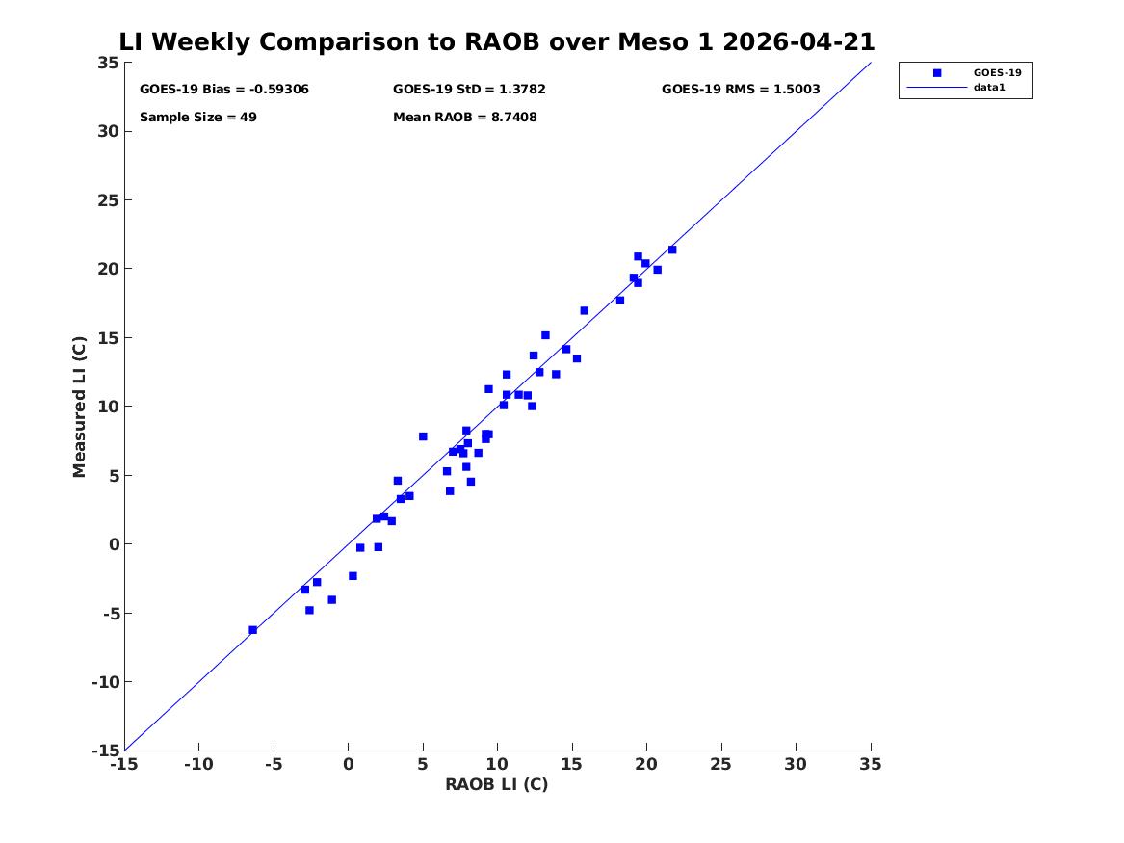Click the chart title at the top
(x=497, y=41)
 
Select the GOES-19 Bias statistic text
(x=224, y=90)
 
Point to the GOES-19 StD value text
(x=469, y=90)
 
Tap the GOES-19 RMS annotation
(x=741, y=90)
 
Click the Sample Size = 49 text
(x=197, y=117)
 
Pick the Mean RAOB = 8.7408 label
(x=465, y=117)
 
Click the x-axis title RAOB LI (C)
(x=497, y=784)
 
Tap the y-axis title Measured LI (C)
(x=79, y=407)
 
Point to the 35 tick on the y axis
(x=108, y=63)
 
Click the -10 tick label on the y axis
(x=105, y=682)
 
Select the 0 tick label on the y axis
(x=115, y=544)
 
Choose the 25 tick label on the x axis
(x=721, y=764)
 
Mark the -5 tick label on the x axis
(x=274, y=764)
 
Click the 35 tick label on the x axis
(x=871, y=764)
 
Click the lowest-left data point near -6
(x=253, y=630)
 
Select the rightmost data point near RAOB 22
(x=672, y=250)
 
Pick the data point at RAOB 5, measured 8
(x=423, y=436)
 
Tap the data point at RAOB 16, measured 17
(x=585, y=310)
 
